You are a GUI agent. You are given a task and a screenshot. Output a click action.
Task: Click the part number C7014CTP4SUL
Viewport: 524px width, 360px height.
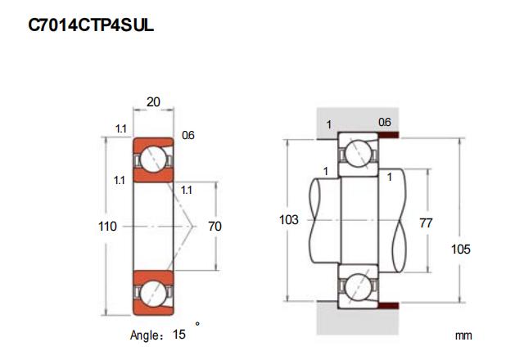[x=91, y=25]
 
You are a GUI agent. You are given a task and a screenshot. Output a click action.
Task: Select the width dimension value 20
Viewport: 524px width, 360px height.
[x=152, y=101]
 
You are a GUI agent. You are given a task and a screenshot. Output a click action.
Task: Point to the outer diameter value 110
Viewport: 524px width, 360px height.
[x=107, y=225]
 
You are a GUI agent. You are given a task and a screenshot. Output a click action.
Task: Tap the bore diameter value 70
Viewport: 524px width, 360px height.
[x=215, y=225]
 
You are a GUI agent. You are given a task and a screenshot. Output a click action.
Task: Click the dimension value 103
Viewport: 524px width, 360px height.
[x=289, y=220]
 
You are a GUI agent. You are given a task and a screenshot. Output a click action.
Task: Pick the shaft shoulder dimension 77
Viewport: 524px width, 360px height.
[x=425, y=222]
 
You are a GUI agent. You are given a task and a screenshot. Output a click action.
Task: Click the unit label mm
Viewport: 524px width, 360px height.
[x=464, y=335]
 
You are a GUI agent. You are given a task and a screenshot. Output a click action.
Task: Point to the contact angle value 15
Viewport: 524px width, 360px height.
[x=178, y=334]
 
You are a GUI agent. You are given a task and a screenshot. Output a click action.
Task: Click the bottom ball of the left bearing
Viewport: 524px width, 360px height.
[x=152, y=293]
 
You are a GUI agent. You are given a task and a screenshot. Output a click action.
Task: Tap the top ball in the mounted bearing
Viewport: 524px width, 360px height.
[x=358, y=152]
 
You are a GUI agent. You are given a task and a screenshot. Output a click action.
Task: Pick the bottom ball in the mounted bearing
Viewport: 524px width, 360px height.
[x=358, y=287]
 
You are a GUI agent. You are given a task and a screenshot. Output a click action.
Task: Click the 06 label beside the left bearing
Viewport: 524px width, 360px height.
[x=187, y=135]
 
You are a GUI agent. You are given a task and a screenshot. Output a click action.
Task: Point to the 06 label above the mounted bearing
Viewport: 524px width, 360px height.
[x=384, y=122]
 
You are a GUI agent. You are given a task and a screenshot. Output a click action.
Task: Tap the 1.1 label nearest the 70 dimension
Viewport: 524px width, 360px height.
[x=187, y=190]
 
